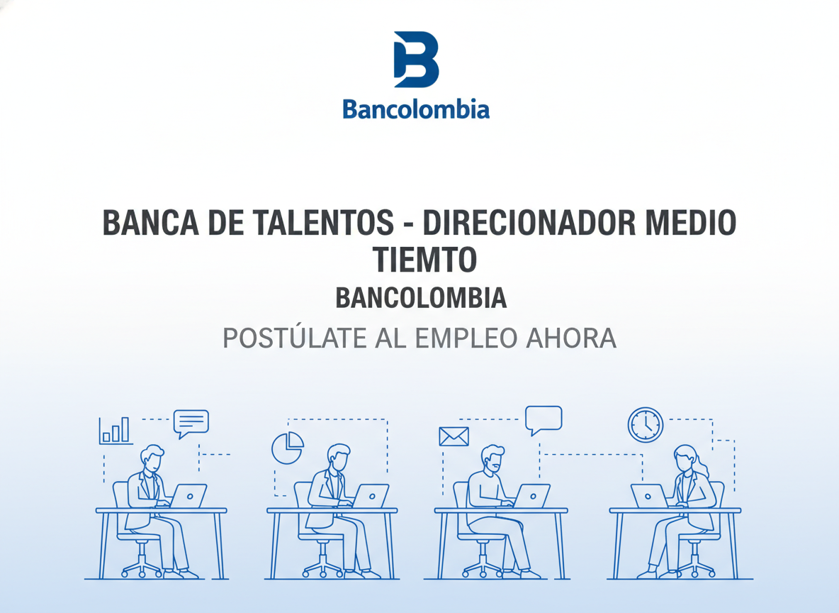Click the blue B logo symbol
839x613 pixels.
416,60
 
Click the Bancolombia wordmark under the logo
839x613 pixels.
416,110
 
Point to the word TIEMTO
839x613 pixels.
424,260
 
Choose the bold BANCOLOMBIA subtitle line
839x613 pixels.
421,298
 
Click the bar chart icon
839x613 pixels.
115,430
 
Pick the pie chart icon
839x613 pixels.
287,448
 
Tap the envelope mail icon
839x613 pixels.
454,436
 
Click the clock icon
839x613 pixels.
645,425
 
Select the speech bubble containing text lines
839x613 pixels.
191,423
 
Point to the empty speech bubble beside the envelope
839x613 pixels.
544,419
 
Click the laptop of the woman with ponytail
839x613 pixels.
648,496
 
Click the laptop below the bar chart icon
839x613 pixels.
188,495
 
